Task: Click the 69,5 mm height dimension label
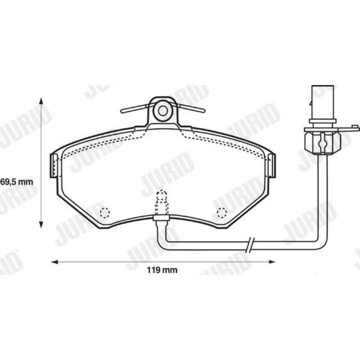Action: (17, 182)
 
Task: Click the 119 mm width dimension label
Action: (162, 270)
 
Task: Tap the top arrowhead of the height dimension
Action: (41, 101)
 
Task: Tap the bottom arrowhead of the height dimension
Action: (41, 224)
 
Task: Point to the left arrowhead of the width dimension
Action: (54, 262)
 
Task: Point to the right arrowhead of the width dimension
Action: (272, 262)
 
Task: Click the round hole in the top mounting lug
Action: (162, 111)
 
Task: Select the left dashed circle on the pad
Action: (105, 212)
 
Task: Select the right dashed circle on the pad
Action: (222, 212)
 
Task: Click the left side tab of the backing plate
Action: (54, 166)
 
